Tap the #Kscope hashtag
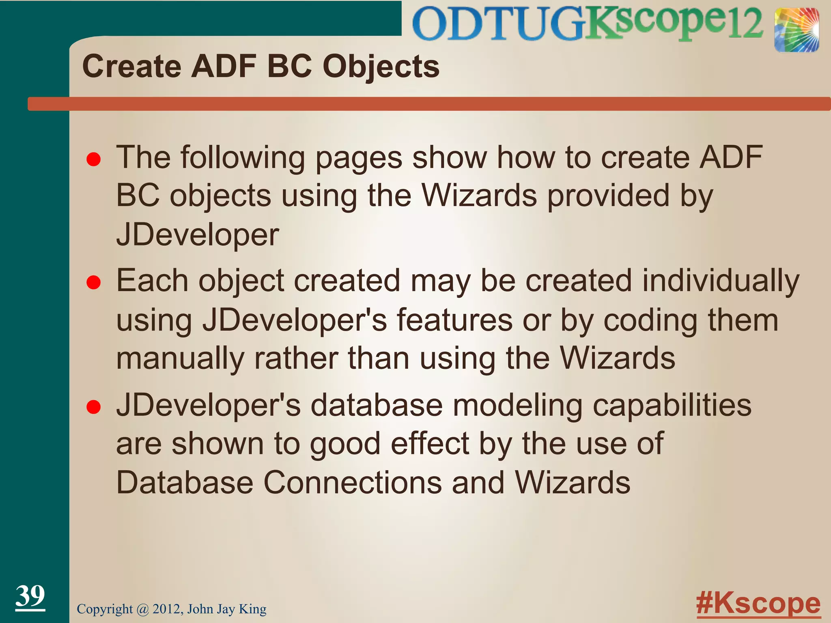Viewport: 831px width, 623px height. click(758, 604)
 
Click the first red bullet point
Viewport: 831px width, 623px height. click(94, 160)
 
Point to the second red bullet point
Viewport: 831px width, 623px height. click(94, 283)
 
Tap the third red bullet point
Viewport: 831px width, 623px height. click(94, 407)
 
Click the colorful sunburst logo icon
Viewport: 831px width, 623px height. click(796, 30)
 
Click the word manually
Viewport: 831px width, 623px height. click(180, 359)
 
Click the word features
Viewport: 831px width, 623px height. click(454, 320)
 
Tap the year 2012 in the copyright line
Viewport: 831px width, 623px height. click(167, 609)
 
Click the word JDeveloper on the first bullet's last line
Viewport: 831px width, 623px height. click(198, 235)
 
